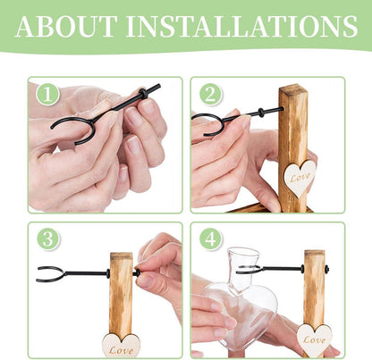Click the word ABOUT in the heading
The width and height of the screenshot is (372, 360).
click(x=66, y=26)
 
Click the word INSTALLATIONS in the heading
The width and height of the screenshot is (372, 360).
click(x=241, y=26)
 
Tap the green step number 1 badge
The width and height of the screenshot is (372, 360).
click(x=47, y=94)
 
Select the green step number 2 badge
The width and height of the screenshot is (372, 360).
click(x=210, y=94)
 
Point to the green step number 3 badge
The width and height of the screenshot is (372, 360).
click(x=48, y=239)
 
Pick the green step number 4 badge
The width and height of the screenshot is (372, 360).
click(x=211, y=239)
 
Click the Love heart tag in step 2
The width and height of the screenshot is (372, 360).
click(x=299, y=178)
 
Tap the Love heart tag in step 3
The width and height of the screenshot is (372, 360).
click(x=121, y=346)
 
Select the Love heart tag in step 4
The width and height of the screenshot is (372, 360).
click(x=314, y=340)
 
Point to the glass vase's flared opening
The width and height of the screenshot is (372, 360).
click(x=243, y=253)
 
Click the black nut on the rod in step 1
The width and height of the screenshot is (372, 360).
click(x=144, y=93)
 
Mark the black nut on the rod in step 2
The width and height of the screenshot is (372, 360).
click(x=261, y=113)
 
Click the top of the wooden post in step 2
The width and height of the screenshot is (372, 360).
click(x=293, y=88)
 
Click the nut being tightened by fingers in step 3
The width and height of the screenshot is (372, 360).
click(x=137, y=272)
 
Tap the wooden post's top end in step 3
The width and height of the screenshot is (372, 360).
click(x=121, y=255)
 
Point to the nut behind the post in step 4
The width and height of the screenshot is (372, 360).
click(x=326, y=269)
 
